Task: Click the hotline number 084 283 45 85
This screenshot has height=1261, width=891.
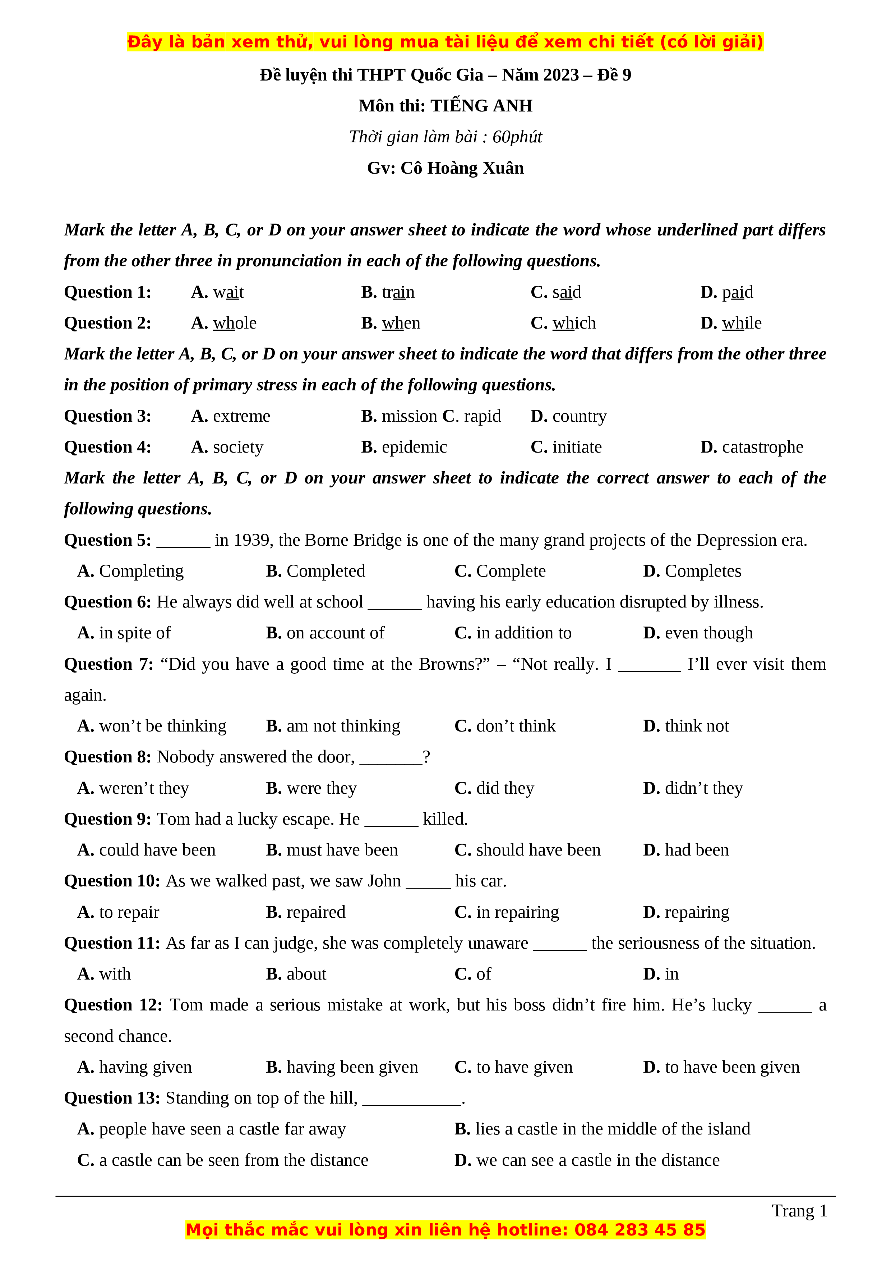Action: tap(640, 1230)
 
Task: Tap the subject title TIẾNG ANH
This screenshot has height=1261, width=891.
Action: tap(481, 106)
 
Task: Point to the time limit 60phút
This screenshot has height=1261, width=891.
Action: tap(517, 137)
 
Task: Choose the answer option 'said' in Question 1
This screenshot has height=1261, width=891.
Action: tap(567, 292)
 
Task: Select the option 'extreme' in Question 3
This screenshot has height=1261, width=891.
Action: tap(241, 416)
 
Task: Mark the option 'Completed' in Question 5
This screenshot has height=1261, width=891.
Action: tap(326, 571)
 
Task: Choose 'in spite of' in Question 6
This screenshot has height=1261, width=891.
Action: tap(134, 633)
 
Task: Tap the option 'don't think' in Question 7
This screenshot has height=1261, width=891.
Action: tap(516, 726)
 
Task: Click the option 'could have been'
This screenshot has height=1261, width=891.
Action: tap(157, 850)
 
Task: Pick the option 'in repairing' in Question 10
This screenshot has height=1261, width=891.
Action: tap(517, 912)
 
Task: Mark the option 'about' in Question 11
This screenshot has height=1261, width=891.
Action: tap(306, 974)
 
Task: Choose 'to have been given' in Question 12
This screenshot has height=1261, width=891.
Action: tap(732, 1067)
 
